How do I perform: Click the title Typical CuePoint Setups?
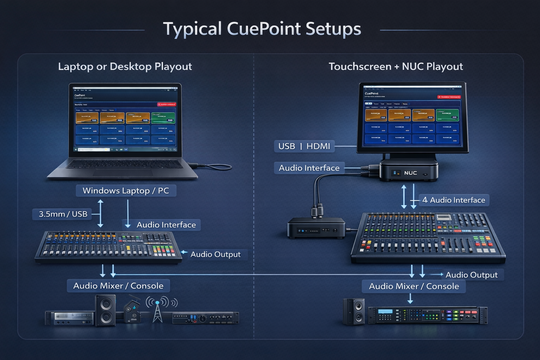tap(262, 29)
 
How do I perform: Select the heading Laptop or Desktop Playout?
tap(125, 66)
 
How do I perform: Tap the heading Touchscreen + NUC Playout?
tap(396, 66)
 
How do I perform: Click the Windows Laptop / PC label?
tap(126, 191)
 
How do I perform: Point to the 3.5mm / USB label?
tap(63, 214)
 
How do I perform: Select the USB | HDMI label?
tap(304, 146)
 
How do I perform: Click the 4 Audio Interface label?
tap(454, 200)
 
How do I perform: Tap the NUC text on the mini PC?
tap(410, 173)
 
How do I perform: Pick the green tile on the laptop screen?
tap(163, 118)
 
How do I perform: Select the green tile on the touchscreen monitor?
tap(447, 115)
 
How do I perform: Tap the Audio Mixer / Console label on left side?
tap(118, 286)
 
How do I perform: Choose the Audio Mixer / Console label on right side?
tap(414, 287)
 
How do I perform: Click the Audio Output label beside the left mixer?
tap(215, 255)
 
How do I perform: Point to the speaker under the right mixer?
tap(354, 311)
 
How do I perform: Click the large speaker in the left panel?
tap(105, 311)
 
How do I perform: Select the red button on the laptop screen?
tap(166, 104)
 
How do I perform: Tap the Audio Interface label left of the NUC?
tap(309, 168)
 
